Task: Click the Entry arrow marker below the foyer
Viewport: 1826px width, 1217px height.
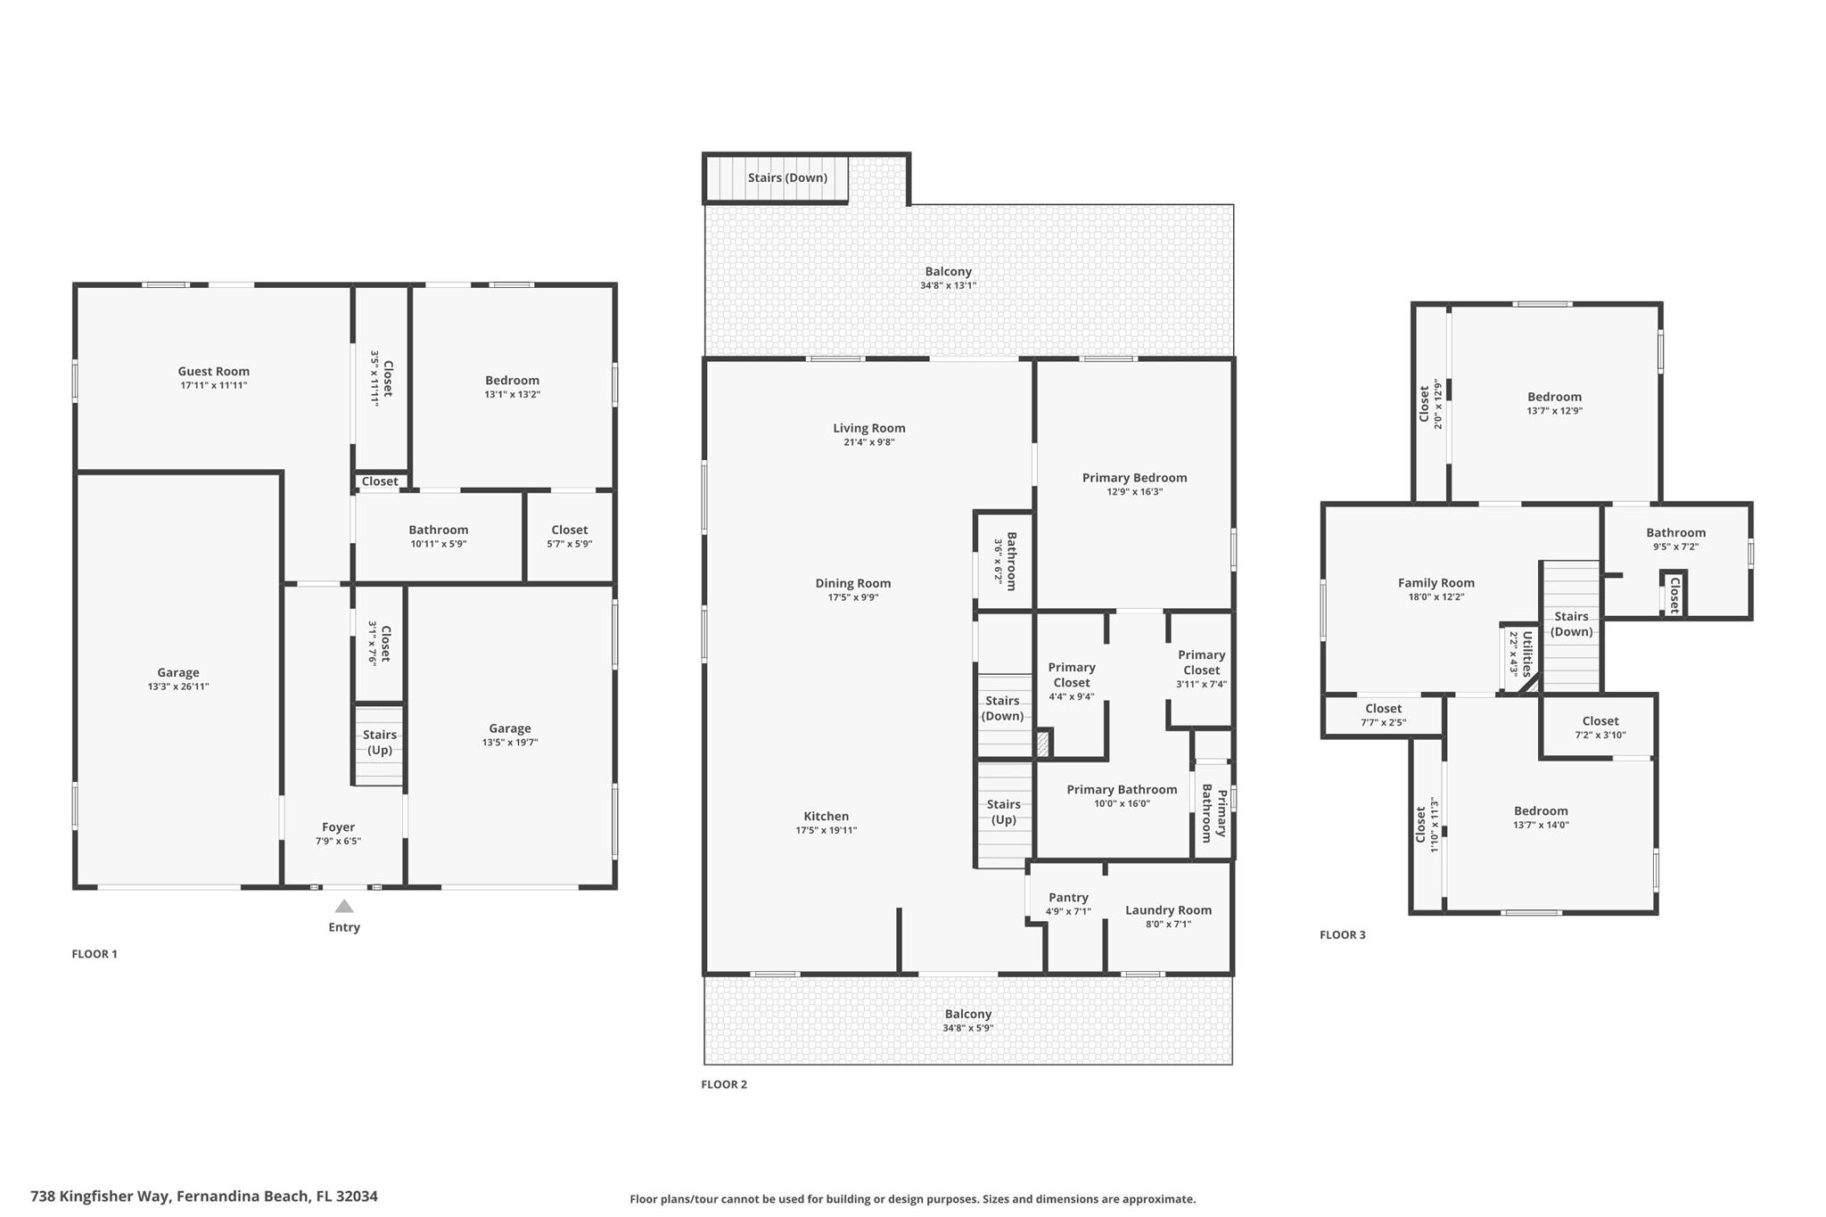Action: (x=344, y=906)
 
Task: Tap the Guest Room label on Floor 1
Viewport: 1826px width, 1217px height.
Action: (x=214, y=371)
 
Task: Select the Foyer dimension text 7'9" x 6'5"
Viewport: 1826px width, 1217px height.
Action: (x=338, y=841)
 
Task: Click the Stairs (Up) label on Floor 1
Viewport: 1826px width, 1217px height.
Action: (x=380, y=742)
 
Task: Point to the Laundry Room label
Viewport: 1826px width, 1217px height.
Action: (x=1168, y=909)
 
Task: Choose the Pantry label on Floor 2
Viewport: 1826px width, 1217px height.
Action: (x=1068, y=897)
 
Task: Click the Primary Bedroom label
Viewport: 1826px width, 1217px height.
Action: (x=1135, y=477)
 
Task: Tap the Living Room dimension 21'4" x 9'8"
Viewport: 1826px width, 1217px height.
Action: (x=869, y=442)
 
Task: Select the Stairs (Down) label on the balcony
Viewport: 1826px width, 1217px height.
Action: (x=788, y=177)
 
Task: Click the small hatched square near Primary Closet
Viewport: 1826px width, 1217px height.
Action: (x=1042, y=744)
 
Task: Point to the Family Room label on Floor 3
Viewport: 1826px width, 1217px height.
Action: (x=1436, y=583)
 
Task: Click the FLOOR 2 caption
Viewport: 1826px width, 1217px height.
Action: (x=724, y=1084)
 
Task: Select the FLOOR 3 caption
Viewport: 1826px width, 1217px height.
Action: (x=1343, y=934)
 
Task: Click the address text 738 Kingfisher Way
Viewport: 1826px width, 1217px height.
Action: (x=101, y=1196)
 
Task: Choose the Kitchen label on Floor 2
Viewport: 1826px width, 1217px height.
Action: (x=827, y=816)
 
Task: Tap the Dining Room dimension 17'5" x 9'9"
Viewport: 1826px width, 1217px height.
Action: (x=853, y=597)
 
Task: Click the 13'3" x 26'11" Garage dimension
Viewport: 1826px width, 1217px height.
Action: (x=178, y=687)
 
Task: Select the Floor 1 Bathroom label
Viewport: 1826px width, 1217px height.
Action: (x=439, y=530)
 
